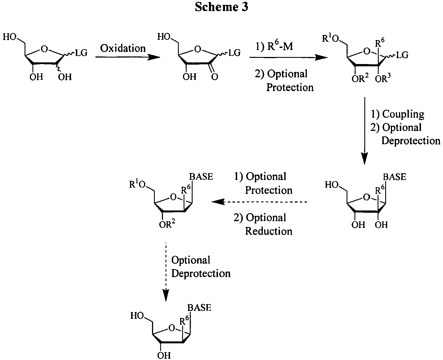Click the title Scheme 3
pyautogui.click(x=221, y=7)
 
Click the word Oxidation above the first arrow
pyautogui.click(x=123, y=48)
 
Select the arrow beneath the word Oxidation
pyautogui.click(x=127, y=57)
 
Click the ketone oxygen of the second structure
pyautogui.click(x=215, y=77)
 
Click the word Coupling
pyautogui.click(x=403, y=114)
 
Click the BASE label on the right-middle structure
pyautogui.click(x=394, y=177)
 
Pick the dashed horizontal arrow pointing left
pyautogui.click(x=259, y=202)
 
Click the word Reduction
pyautogui.click(x=268, y=231)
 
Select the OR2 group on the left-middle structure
pyautogui.click(x=167, y=225)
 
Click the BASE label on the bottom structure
pyautogui.click(x=199, y=307)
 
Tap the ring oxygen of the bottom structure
pyautogui.click(x=171, y=328)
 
